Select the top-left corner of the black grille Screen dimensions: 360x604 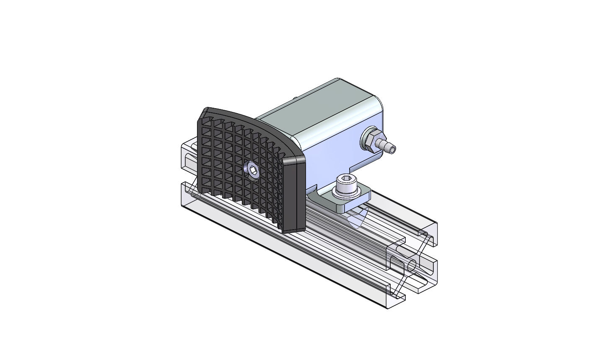205,111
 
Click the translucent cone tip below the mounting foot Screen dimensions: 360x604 356,220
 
